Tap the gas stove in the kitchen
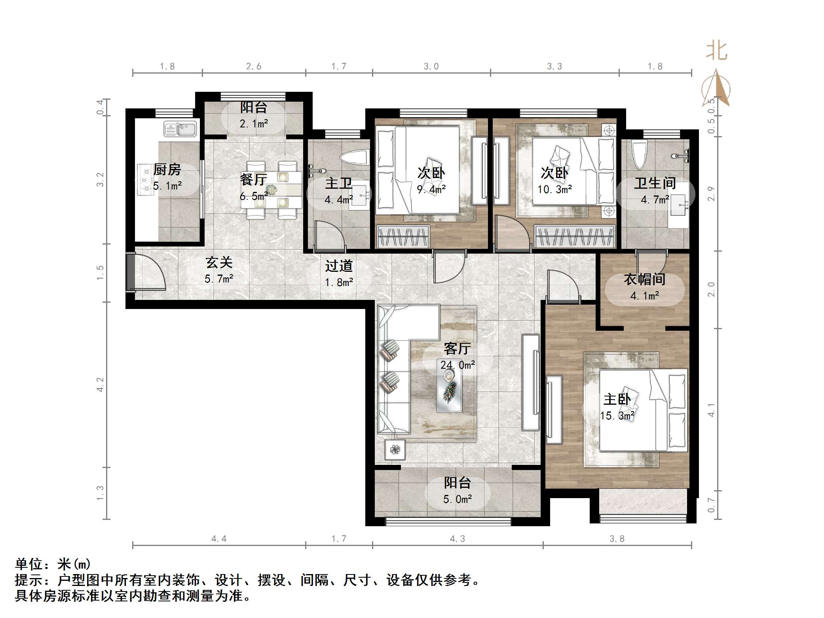(145, 180)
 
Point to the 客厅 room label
(457, 349)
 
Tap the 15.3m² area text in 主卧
(617, 416)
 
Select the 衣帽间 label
(644, 279)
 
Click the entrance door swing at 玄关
(150, 273)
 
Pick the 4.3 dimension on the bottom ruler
(457, 538)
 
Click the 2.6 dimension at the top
(254, 66)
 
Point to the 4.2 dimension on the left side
(100, 385)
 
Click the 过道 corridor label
(339, 266)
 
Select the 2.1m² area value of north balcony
(254, 124)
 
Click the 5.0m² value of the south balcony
(457, 499)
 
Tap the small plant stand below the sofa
(395, 449)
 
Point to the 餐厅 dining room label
(254, 180)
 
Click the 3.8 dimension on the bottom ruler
(617, 538)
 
